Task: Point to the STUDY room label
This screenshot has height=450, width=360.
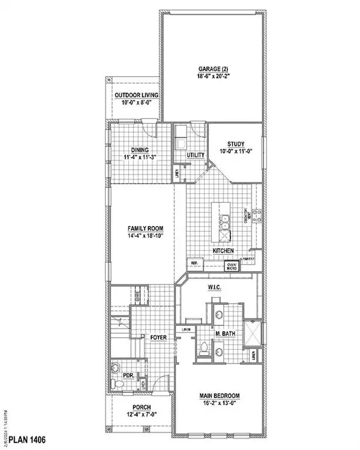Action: [236, 143]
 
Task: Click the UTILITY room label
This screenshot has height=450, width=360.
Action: [196, 155]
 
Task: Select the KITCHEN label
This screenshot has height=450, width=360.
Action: [223, 251]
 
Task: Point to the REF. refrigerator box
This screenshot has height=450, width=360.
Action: [195, 263]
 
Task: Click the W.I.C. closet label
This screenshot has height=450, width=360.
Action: [216, 288]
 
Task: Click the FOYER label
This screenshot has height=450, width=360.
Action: [158, 337]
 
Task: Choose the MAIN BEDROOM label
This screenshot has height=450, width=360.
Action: [220, 396]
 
